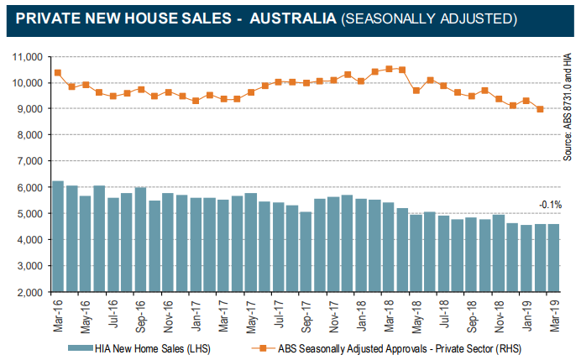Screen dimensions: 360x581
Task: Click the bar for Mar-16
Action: coord(58,237)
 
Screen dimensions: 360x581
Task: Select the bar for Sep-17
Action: coord(306,252)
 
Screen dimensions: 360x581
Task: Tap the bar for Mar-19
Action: coord(554,258)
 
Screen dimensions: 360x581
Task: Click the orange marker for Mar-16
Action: coord(58,73)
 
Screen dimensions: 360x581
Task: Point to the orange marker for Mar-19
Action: coord(540,109)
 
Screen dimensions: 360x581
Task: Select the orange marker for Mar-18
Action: coord(389,69)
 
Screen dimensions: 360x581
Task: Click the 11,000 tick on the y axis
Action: coord(28,57)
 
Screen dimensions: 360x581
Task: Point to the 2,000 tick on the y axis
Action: coord(31,293)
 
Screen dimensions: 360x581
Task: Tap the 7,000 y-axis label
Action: coord(31,161)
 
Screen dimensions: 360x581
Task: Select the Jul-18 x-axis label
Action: coord(445,315)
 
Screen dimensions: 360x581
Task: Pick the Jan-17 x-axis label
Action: coord(196,315)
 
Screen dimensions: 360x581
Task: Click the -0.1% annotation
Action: coord(550,205)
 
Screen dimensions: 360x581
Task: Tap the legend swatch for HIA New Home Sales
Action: coord(86,347)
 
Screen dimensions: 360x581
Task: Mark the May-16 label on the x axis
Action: coord(86,315)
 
